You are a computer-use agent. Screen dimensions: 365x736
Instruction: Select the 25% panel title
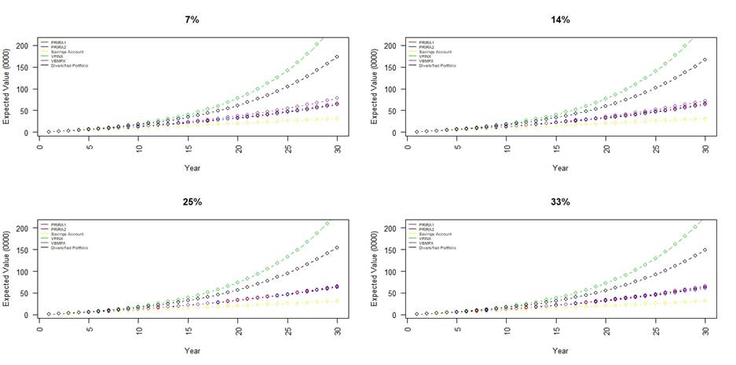pyautogui.click(x=192, y=202)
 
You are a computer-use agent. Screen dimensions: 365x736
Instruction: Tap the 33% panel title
pyautogui.click(x=559, y=202)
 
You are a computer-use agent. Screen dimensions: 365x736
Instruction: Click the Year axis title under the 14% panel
pyautogui.click(x=559, y=168)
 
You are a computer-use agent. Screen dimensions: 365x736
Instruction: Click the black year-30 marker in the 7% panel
pyautogui.click(x=337, y=57)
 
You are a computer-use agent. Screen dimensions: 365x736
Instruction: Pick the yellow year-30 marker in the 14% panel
pyautogui.click(x=705, y=119)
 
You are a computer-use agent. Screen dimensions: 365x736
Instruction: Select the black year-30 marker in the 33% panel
pyautogui.click(x=705, y=250)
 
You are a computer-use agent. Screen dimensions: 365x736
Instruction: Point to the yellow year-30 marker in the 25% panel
pyautogui.click(x=337, y=301)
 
